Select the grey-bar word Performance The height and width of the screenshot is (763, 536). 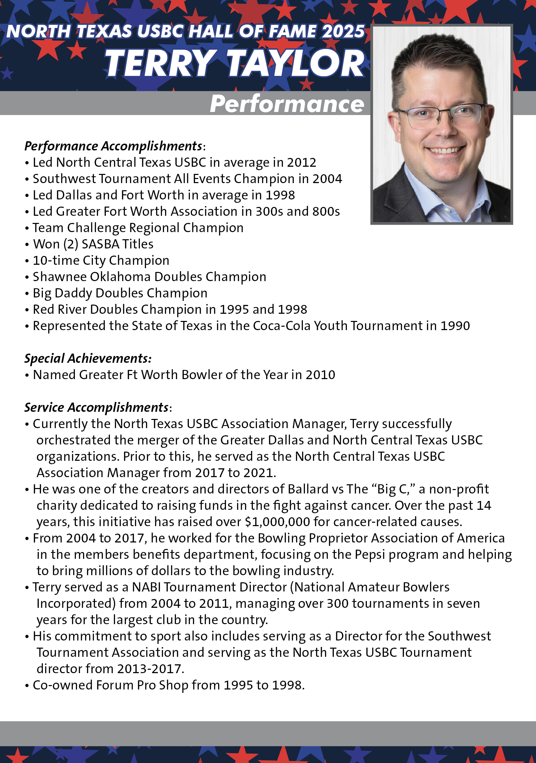click(x=287, y=104)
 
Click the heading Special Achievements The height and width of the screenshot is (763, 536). click(x=88, y=358)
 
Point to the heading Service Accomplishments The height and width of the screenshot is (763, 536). click(x=97, y=407)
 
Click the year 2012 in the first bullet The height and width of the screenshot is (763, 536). click(x=302, y=163)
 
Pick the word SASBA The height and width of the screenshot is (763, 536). click(x=100, y=244)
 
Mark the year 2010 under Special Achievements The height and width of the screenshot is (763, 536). click(x=320, y=375)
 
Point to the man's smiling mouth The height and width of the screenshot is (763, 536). click(x=445, y=149)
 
